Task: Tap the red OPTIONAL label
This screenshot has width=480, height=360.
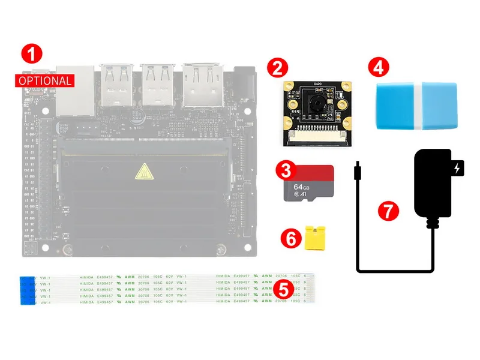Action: [x=45, y=80]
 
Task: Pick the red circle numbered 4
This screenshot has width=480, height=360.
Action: [x=377, y=67]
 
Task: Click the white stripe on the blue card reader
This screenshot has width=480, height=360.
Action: [x=418, y=107]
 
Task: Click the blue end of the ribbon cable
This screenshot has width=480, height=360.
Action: [x=26, y=290]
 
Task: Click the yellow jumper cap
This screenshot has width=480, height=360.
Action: [x=313, y=238]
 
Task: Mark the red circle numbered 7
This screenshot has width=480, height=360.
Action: [x=388, y=211]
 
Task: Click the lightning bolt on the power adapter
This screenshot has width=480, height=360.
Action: [x=460, y=169]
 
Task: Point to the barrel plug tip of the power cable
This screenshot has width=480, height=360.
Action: [x=357, y=172]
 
